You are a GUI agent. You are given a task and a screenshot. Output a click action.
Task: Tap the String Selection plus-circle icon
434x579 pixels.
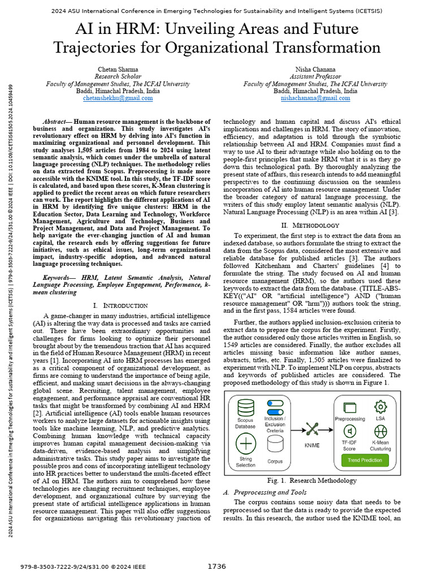point(245,443)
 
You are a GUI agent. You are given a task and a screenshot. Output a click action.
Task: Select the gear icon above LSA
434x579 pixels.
point(380,406)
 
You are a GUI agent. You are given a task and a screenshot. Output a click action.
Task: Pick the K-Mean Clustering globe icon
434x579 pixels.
point(380,431)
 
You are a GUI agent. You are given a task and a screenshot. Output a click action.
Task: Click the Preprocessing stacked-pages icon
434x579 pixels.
point(350,407)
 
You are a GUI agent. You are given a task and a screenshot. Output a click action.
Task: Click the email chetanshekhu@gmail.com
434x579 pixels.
point(118,98)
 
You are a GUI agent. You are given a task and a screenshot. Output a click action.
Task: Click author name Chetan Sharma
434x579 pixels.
point(118,70)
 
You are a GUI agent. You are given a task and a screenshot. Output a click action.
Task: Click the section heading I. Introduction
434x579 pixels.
point(120,305)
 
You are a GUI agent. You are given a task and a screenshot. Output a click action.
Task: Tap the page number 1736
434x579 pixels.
point(216,567)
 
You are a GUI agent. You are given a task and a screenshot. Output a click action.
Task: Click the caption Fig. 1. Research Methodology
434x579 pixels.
point(313,481)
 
